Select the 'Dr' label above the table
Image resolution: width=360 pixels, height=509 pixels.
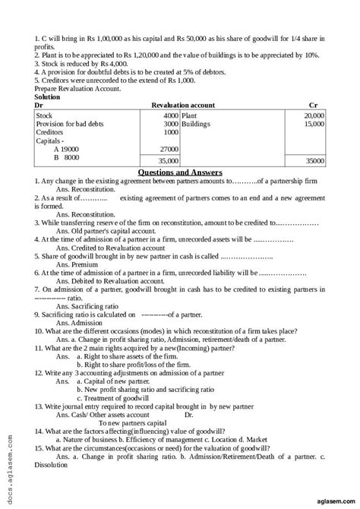[x=40, y=105]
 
